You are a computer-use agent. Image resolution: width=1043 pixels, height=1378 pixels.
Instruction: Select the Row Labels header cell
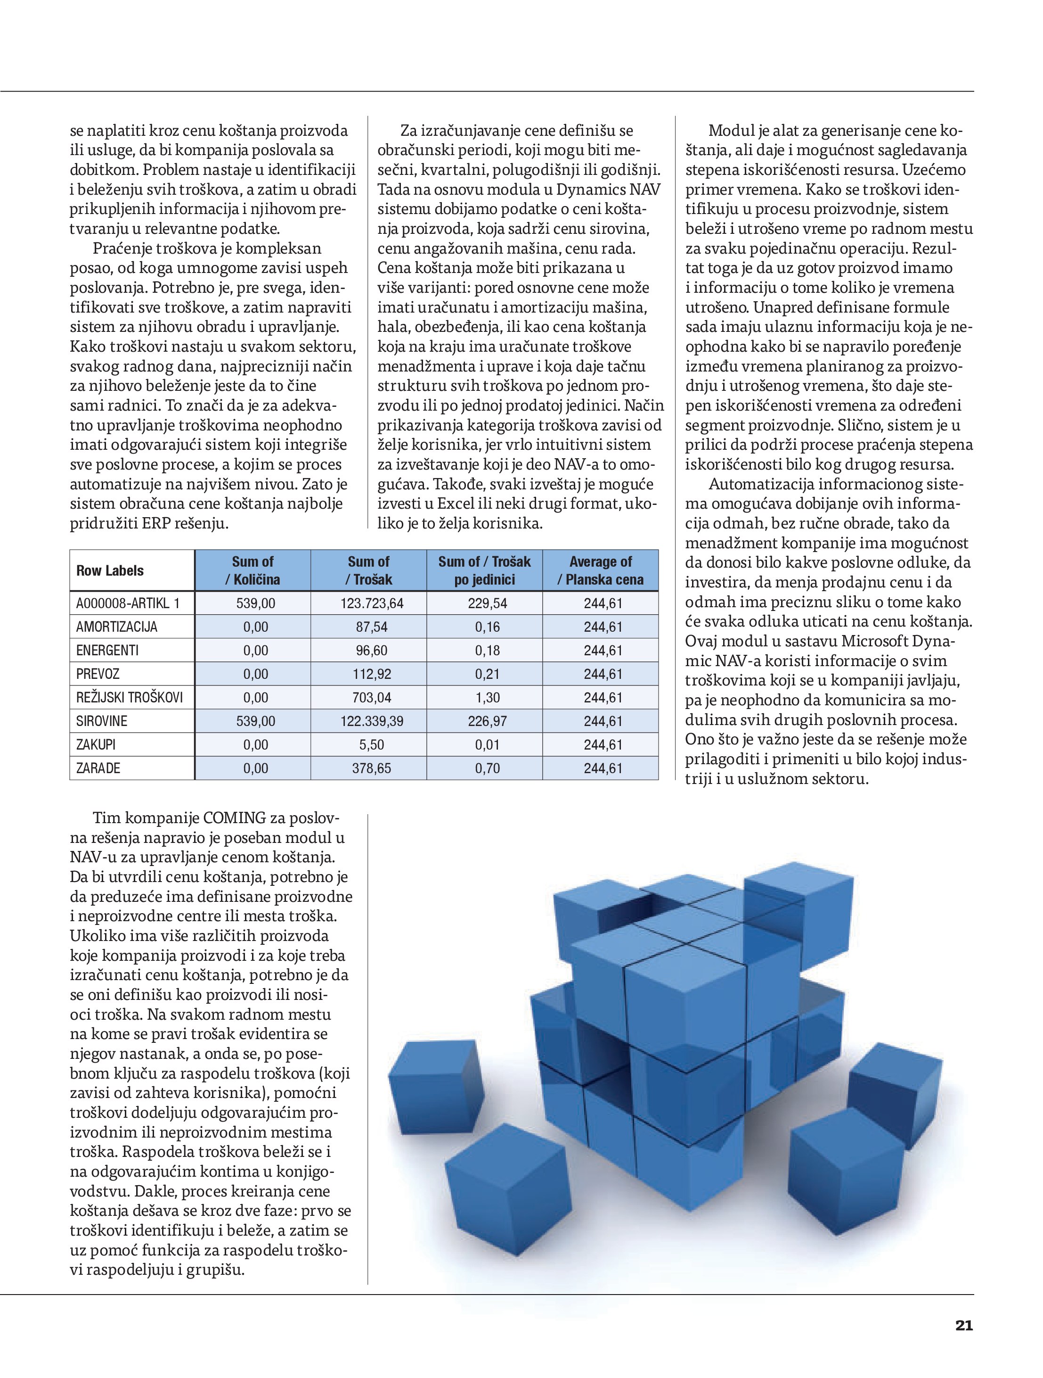(110, 570)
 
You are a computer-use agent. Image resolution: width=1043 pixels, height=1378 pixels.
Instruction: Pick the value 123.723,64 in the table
(372, 603)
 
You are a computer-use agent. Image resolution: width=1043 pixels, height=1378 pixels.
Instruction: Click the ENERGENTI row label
(107, 651)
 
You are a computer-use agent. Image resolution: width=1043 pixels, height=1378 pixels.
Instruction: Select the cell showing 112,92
(372, 674)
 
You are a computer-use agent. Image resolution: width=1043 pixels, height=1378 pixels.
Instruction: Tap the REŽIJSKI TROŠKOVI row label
(130, 698)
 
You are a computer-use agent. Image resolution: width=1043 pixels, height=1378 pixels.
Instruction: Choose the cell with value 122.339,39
(372, 721)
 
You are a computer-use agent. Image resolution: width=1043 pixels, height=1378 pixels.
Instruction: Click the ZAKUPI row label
(96, 745)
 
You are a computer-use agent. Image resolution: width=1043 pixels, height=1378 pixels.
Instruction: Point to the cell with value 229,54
(487, 603)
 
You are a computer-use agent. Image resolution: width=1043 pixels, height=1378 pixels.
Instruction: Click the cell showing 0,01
(487, 745)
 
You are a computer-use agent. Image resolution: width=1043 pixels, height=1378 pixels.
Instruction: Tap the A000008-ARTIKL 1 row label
(128, 603)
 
